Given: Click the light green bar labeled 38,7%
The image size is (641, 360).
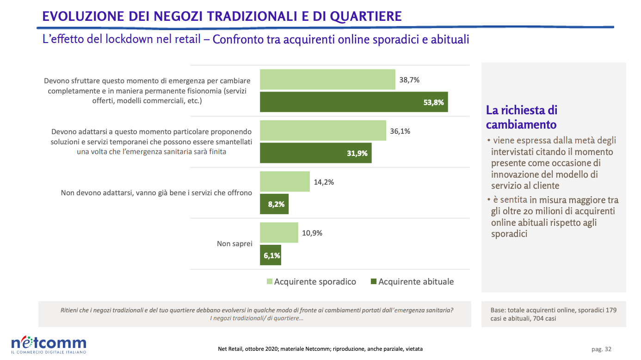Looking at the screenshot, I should (x=327, y=80).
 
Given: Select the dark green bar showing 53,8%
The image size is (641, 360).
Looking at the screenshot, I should (x=354, y=102).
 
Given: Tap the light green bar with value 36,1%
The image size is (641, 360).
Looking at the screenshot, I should (x=323, y=130).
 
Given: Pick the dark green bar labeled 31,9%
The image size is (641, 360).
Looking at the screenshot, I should (x=315, y=153).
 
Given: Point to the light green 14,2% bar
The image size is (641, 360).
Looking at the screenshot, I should (x=284, y=181).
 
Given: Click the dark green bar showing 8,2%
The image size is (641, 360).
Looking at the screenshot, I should (x=274, y=204).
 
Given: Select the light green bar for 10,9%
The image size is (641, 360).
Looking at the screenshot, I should (x=279, y=232).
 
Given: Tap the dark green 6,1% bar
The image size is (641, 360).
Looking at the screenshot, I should (x=271, y=255).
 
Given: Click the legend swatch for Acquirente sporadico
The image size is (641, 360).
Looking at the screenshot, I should (x=270, y=282).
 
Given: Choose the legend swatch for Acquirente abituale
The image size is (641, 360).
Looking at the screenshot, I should (x=374, y=282).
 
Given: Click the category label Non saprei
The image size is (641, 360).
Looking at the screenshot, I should (x=234, y=243).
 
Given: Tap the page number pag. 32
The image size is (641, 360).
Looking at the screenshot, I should (x=601, y=349).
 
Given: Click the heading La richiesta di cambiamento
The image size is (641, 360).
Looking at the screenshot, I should (x=522, y=118).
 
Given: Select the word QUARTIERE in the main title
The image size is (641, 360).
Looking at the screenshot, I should (x=366, y=17).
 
